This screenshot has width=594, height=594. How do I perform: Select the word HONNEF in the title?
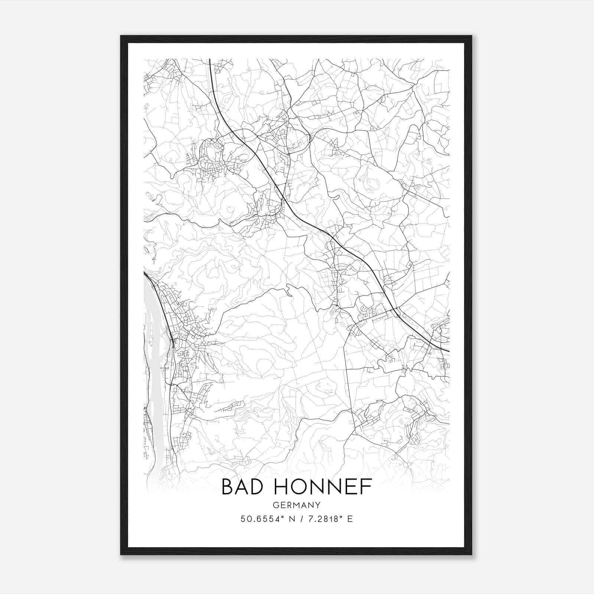(x=323, y=487)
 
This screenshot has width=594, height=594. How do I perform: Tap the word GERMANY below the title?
(x=297, y=505)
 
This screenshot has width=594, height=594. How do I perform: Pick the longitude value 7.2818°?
(x=322, y=519)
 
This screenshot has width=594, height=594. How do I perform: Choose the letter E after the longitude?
(x=350, y=519)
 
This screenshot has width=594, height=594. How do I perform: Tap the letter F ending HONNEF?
(x=367, y=487)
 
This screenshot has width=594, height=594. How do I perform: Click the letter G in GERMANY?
(x=275, y=505)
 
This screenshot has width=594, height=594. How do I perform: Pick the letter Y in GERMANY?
(x=318, y=505)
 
